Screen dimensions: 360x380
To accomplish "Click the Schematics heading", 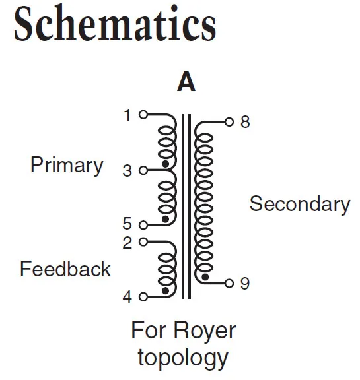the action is click(x=115, y=24).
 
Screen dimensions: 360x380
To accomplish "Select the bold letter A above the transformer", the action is click(x=186, y=81).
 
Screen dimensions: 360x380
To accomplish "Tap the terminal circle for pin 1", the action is click(x=143, y=115).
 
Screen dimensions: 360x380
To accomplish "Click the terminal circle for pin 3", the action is click(x=143, y=170).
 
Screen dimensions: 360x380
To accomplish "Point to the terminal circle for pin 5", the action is click(x=143, y=225).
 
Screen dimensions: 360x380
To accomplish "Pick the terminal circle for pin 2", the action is click(x=143, y=242).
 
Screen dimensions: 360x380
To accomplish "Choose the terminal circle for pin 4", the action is click(x=143, y=297).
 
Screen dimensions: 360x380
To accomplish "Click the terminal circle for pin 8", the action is click(x=229, y=122).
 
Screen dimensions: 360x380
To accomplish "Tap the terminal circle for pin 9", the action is click(x=229, y=283).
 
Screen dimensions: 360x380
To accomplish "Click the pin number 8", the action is click(x=245, y=122).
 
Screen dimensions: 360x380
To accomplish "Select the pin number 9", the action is click(x=245, y=283).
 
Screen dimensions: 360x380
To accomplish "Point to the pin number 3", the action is click(x=127, y=171).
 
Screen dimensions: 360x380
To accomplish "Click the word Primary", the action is click(x=67, y=166).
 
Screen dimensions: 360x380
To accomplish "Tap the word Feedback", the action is click(x=65, y=269).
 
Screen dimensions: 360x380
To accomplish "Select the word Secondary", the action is click(x=300, y=204).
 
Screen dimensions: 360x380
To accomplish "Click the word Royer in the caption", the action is click(x=205, y=331).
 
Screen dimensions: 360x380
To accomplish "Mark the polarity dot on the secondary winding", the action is click(x=205, y=277).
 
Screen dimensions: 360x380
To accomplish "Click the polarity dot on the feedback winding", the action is click(x=165, y=290).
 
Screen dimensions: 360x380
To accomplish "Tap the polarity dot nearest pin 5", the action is click(x=165, y=219).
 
